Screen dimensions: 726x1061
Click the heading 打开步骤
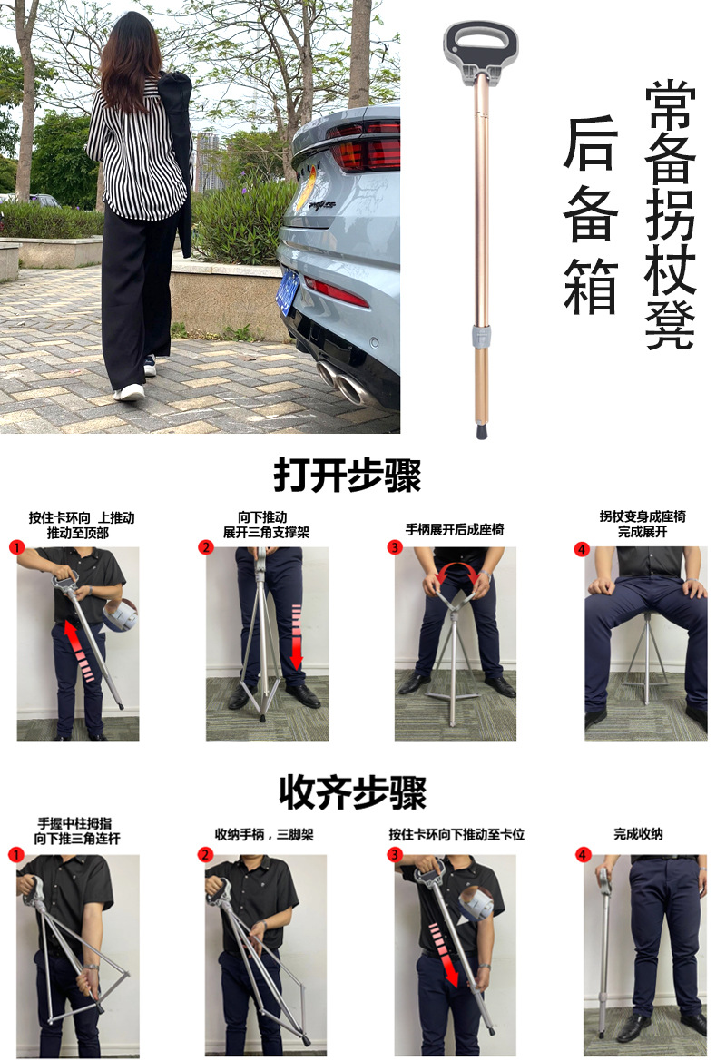[x=347, y=475]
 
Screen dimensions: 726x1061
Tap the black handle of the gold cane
[x=481, y=46]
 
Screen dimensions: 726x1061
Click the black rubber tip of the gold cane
[x=482, y=430]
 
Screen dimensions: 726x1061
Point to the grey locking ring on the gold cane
[x=480, y=337]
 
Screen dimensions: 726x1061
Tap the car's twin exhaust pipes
[x=345, y=382]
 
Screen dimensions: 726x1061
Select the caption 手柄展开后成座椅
[x=455, y=530]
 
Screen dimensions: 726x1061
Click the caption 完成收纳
[x=638, y=834]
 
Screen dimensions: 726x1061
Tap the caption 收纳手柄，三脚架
[x=265, y=834]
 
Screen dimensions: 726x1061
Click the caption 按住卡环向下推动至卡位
[x=456, y=834]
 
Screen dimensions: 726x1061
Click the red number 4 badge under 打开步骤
[x=582, y=549]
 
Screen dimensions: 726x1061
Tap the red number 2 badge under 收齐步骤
[x=206, y=855]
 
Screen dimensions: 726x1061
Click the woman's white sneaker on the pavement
[x=130, y=392]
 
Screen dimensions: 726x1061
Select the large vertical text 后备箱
[x=591, y=215]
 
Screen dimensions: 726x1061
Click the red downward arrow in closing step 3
[x=446, y=955]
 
